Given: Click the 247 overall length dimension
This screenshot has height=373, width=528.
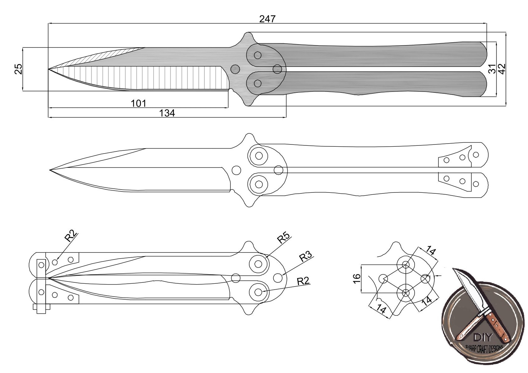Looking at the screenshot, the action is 267,19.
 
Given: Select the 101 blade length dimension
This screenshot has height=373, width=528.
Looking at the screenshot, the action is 138,103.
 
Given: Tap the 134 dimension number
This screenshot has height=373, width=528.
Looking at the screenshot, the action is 167,113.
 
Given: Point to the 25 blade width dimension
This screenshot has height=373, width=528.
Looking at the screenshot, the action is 19,69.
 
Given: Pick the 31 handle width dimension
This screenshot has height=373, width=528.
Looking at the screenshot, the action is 492,69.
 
